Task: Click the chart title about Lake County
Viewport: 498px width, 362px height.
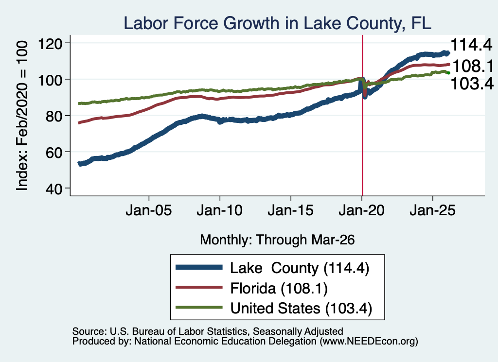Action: tap(277, 23)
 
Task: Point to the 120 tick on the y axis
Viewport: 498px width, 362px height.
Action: tap(50, 43)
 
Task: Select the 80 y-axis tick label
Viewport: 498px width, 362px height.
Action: tap(53, 116)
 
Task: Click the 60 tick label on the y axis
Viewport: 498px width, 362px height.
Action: tap(53, 152)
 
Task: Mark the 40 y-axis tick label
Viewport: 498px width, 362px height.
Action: tap(53, 189)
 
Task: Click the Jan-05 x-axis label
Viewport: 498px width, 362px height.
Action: tap(149, 210)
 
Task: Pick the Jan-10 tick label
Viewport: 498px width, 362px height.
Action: tap(219, 210)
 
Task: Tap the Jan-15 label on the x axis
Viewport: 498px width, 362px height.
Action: tap(291, 210)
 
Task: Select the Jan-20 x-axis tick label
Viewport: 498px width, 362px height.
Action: tap(361, 210)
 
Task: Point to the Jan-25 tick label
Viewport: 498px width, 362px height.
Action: tap(432, 210)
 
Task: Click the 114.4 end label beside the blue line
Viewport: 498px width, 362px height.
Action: tap(472, 45)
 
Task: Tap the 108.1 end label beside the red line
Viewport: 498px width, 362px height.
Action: tap(473, 66)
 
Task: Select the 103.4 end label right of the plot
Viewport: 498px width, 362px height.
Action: tap(472, 84)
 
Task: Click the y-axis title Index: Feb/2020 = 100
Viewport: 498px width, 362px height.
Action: tap(22, 116)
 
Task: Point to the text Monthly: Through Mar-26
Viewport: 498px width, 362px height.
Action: tap(277, 240)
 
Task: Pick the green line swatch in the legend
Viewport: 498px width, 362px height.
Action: tap(199, 308)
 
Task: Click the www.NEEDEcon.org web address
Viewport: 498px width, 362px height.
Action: tap(369, 342)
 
